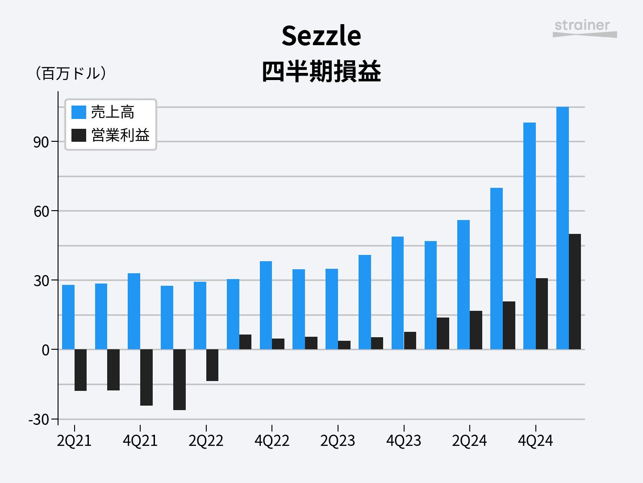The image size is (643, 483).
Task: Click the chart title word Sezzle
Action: (x=321, y=36)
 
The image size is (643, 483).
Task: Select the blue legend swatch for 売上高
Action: (x=79, y=112)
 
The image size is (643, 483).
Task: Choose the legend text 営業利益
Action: (x=120, y=135)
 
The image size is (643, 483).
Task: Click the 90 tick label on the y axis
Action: (x=41, y=142)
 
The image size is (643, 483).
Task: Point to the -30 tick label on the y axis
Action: (x=39, y=419)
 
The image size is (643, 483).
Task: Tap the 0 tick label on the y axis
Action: (x=46, y=350)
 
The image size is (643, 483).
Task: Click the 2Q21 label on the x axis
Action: (x=74, y=441)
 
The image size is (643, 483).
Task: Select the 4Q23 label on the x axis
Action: (x=404, y=441)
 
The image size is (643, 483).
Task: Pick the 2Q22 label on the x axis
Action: (x=206, y=441)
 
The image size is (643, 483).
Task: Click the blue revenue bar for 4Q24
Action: (x=530, y=236)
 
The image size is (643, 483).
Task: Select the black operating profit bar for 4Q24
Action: (x=542, y=314)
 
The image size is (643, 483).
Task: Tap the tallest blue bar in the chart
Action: (x=563, y=228)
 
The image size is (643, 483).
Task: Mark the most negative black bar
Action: (x=180, y=380)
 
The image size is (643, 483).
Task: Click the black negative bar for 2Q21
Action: (x=81, y=370)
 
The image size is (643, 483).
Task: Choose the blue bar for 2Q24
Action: (x=463, y=284)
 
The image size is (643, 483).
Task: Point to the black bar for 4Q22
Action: (x=278, y=344)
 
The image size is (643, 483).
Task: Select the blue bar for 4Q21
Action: (x=134, y=311)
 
